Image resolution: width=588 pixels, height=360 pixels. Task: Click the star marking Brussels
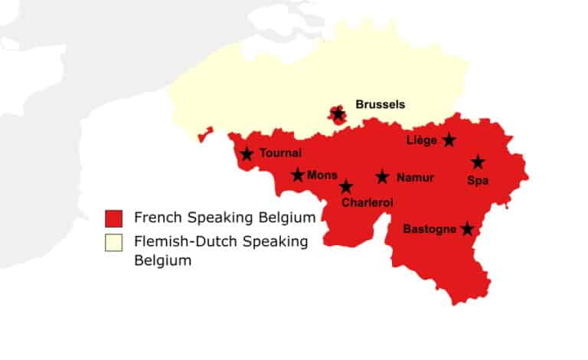pos(338,114)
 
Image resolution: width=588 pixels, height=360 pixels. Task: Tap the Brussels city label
pos(380,104)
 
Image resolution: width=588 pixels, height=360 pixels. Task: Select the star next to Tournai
pos(247,154)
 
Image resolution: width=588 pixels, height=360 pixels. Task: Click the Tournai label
pos(280,153)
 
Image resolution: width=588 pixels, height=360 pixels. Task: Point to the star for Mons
pos(298,175)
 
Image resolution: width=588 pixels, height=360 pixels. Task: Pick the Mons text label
pos(322,175)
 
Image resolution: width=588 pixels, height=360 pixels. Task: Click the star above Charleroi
pos(346,186)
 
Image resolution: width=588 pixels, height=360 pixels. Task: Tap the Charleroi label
pos(367,203)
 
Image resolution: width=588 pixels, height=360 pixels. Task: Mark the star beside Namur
pos(382,177)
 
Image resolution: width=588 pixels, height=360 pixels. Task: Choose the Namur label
pos(415,178)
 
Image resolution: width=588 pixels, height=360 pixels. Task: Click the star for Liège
pos(449,139)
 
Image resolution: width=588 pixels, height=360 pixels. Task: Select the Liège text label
pos(421,140)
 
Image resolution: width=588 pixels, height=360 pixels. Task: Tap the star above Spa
pos(478,162)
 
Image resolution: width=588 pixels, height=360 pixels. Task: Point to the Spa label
pos(477,180)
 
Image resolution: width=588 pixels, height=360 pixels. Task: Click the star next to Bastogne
pos(467,228)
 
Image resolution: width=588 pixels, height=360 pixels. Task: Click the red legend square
pos(114,217)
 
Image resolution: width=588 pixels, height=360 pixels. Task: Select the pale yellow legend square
pos(114,243)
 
